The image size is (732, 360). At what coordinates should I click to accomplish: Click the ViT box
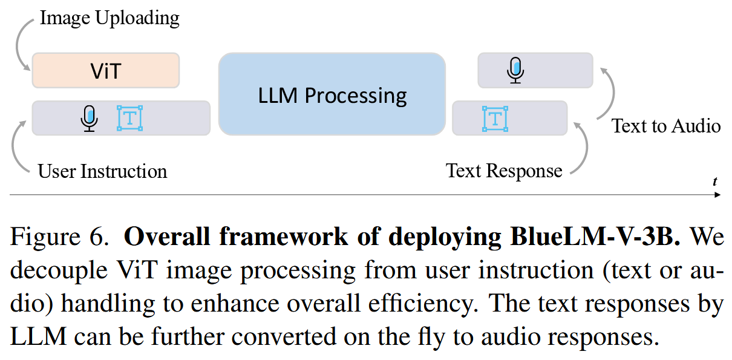[106, 71]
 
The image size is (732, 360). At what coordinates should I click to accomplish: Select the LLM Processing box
[332, 94]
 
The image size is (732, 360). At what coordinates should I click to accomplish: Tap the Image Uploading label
[109, 18]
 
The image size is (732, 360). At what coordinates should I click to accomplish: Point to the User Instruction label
[102, 171]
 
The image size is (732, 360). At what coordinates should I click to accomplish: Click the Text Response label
[504, 171]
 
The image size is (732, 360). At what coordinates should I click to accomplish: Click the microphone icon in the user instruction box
[89, 118]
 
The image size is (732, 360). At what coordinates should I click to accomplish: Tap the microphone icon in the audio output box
[515, 70]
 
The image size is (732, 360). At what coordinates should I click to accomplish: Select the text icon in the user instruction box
[129, 118]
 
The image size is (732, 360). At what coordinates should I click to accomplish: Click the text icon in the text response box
[495, 118]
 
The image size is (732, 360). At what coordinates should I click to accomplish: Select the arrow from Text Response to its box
[582, 148]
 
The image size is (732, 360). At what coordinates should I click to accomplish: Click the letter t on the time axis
[714, 181]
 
